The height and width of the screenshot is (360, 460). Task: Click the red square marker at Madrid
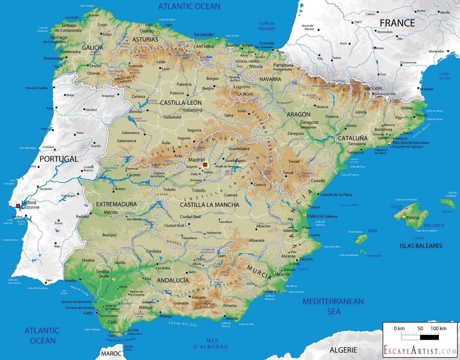(205, 165)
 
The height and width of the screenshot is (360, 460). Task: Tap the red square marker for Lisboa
(18, 206)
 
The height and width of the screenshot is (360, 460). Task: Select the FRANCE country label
(397, 23)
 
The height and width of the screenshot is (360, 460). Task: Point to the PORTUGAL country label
(59, 159)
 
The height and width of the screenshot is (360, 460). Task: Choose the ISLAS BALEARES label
(421, 246)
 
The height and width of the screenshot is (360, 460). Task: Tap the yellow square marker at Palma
(404, 217)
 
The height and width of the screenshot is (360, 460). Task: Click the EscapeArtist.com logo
(420, 350)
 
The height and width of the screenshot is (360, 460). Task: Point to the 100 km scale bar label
(438, 328)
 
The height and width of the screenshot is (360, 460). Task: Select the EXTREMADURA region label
(116, 204)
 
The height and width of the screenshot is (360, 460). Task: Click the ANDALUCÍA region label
(173, 280)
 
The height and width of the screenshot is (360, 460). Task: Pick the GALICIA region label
(92, 47)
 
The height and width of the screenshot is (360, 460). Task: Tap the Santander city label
(204, 35)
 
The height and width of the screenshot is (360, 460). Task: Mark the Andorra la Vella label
(385, 94)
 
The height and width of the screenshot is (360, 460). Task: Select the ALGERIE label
(343, 350)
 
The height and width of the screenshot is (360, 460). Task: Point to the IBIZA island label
(372, 231)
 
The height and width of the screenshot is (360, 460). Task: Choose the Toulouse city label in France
(378, 48)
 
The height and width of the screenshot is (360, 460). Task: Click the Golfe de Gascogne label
(267, 26)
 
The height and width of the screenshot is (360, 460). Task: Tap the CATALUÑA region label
(353, 138)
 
